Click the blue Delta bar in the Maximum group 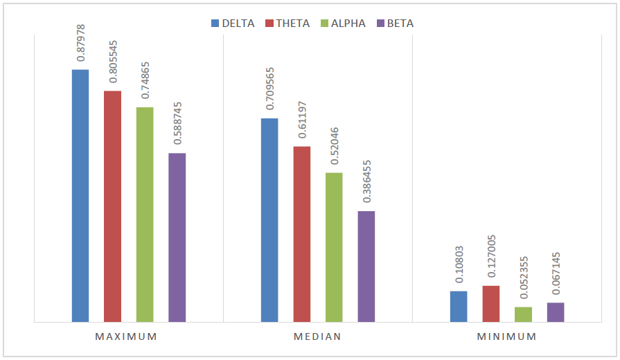tap(80, 196)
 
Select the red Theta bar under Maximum tap(112, 206)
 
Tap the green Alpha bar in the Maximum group tap(145, 215)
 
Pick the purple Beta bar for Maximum tap(177, 237)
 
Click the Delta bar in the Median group tap(269, 220)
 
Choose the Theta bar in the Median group tap(301, 234)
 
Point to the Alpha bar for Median tap(334, 247)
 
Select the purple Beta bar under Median tap(366, 267)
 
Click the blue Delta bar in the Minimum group tap(459, 307)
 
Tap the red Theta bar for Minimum tap(490, 304)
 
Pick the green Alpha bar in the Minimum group tap(523, 314)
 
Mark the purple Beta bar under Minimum tap(555, 312)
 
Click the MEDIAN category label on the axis tap(318, 337)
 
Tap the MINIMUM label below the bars tap(506, 337)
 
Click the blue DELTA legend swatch tap(215, 24)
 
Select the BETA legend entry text tap(401, 24)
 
